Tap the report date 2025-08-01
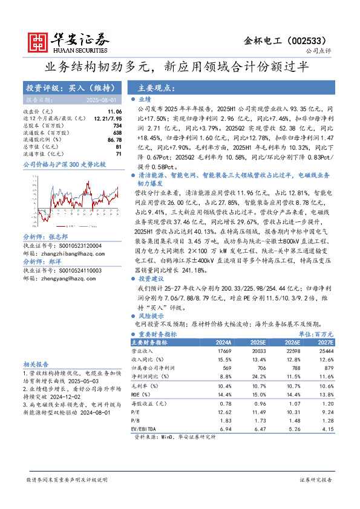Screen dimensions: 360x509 pyautogui.click(x=101, y=99)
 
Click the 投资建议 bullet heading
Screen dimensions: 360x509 pyautogui.click(x=151, y=280)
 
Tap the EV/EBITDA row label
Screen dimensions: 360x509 pyautogui.click(x=146, y=428)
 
